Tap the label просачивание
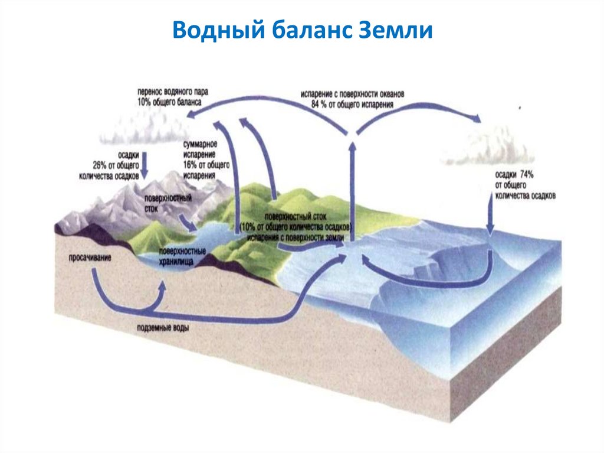[x=90, y=258]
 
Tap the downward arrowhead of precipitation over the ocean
[x=489, y=230]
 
